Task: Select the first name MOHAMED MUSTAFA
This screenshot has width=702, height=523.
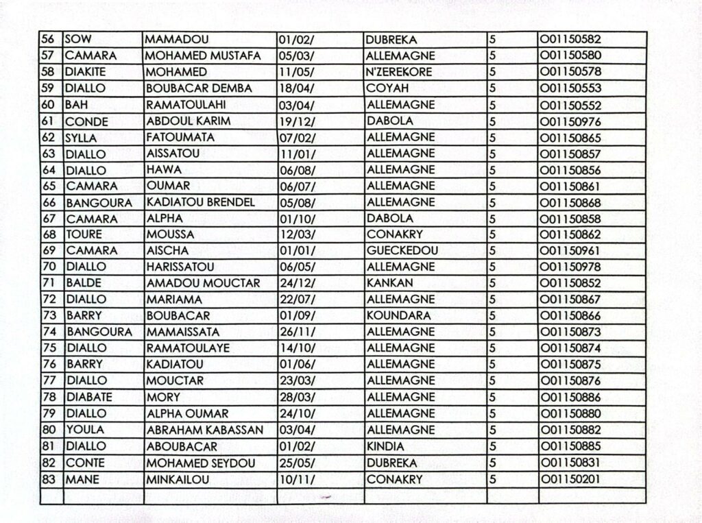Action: [x=203, y=56]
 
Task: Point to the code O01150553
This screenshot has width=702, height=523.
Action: [x=570, y=89]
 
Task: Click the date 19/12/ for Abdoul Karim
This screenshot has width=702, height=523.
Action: [x=297, y=121]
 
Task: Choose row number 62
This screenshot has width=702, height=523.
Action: [x=49, y=138]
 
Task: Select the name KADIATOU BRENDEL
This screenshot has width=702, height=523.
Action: [x=200, y=202]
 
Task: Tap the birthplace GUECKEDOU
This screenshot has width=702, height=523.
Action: [x=402, y=251]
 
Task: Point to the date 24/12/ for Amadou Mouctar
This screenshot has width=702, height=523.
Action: [x=297, y=283]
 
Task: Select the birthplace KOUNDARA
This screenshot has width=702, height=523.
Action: [x=398, y=316]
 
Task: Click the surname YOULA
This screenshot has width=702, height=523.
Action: [x=85, y=430]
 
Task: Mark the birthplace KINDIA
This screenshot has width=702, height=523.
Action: [x=385, y=446]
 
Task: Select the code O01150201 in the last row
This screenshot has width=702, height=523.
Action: [x=570, y=479]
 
